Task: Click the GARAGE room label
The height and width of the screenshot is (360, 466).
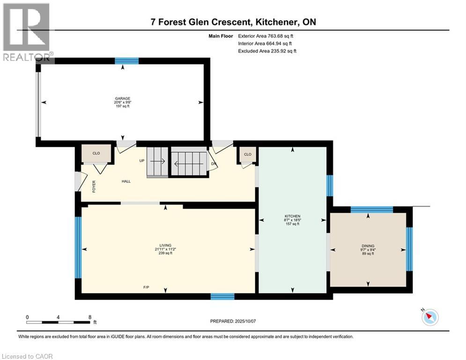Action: pos(122,98)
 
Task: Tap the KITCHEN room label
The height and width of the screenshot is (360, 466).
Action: pos(292,216)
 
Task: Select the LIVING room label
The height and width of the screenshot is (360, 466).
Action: pos(165,246)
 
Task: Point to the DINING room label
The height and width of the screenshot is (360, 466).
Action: pos(368,246)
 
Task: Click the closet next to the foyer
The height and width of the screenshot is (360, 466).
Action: pos(96,153)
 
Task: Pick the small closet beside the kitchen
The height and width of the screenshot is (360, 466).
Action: pos(248,154)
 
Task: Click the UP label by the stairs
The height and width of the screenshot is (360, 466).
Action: pos(142,161)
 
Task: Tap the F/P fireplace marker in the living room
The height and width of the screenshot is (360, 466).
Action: pos(146,287)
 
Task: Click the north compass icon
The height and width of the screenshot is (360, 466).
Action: pos(430,317)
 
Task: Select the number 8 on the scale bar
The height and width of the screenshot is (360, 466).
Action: pos(90,317)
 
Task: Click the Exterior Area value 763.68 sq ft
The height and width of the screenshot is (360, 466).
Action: pos(281,36)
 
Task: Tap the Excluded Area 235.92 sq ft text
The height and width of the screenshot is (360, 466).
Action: pos(267,51)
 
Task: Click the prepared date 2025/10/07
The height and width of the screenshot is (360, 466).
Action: pos(245,321)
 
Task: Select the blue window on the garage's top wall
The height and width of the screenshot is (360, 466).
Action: pos(126,61)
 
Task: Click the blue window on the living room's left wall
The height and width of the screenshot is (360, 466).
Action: pos(78,247)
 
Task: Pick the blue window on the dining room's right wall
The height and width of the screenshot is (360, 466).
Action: pos(409,249)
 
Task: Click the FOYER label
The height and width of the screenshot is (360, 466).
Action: pos(94,187)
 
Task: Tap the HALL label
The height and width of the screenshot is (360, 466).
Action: pos(126,181)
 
